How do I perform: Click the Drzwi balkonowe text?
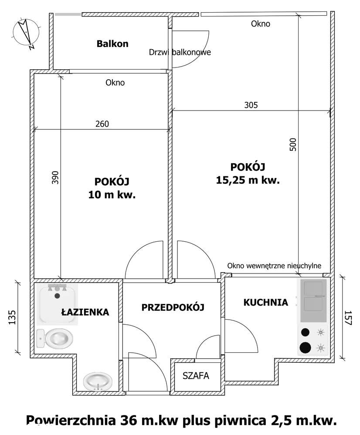(x=180, y=52)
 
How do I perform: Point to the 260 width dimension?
(x=102, y=124)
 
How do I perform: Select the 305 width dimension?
(x=251, y=105)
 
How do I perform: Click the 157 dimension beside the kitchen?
(x=347, y=318)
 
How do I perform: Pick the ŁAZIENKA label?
(x=85, y=312)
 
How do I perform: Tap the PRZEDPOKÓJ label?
(x=173, y=307)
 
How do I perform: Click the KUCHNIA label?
(x=265, y=302)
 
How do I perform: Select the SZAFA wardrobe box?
(x=196, y=376)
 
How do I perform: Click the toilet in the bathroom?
(x=56, y=338)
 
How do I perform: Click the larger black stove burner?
(x=306, y=347)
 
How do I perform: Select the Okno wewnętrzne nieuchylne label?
(x=275, y=265)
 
